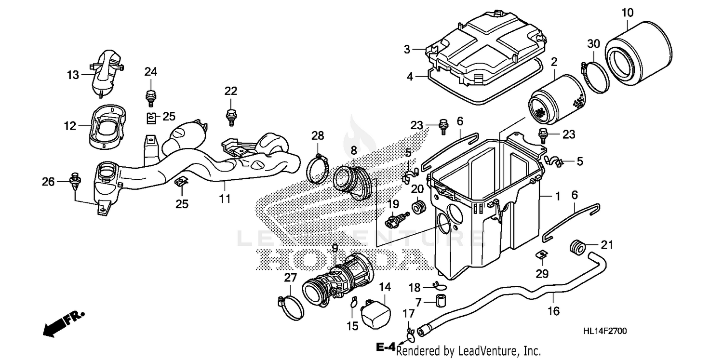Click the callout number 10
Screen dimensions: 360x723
point(627,12)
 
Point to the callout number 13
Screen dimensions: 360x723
point(72,75)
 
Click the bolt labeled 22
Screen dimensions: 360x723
point(231,116)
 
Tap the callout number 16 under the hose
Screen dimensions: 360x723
point(554,311)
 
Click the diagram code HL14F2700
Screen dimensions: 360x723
point(605,332)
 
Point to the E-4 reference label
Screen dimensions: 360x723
point(386,347)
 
